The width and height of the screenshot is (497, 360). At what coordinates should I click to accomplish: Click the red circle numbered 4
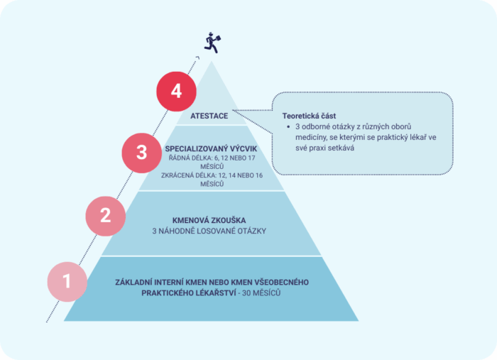click(x=176, y=92)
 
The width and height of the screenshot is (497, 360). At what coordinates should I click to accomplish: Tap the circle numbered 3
click(x=142, y=153)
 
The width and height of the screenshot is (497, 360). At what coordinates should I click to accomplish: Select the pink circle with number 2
click(x=106, y=216)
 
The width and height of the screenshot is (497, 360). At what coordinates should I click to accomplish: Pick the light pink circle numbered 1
click(x=67, y=281)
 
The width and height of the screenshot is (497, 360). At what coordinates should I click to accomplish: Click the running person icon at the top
click(x=212, y=43)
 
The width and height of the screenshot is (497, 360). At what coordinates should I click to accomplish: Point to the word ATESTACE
click(x=209, y=116)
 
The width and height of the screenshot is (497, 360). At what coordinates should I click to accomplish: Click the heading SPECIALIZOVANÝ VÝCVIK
click(x=211, y=148)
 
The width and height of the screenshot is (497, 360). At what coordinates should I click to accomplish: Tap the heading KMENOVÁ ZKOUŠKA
click(x=209, y=220)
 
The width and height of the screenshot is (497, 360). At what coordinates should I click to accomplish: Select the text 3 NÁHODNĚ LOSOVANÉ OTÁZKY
click(x=209, y=231)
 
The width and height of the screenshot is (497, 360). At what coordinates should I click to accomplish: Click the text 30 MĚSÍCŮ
click(x=261, y=293)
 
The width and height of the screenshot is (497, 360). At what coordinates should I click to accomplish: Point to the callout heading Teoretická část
click(x=309, y=116)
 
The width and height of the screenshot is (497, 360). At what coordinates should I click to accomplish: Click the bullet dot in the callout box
click(x=288, y=127)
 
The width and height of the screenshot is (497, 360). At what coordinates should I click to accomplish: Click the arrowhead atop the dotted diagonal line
click(x=198, y=58)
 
